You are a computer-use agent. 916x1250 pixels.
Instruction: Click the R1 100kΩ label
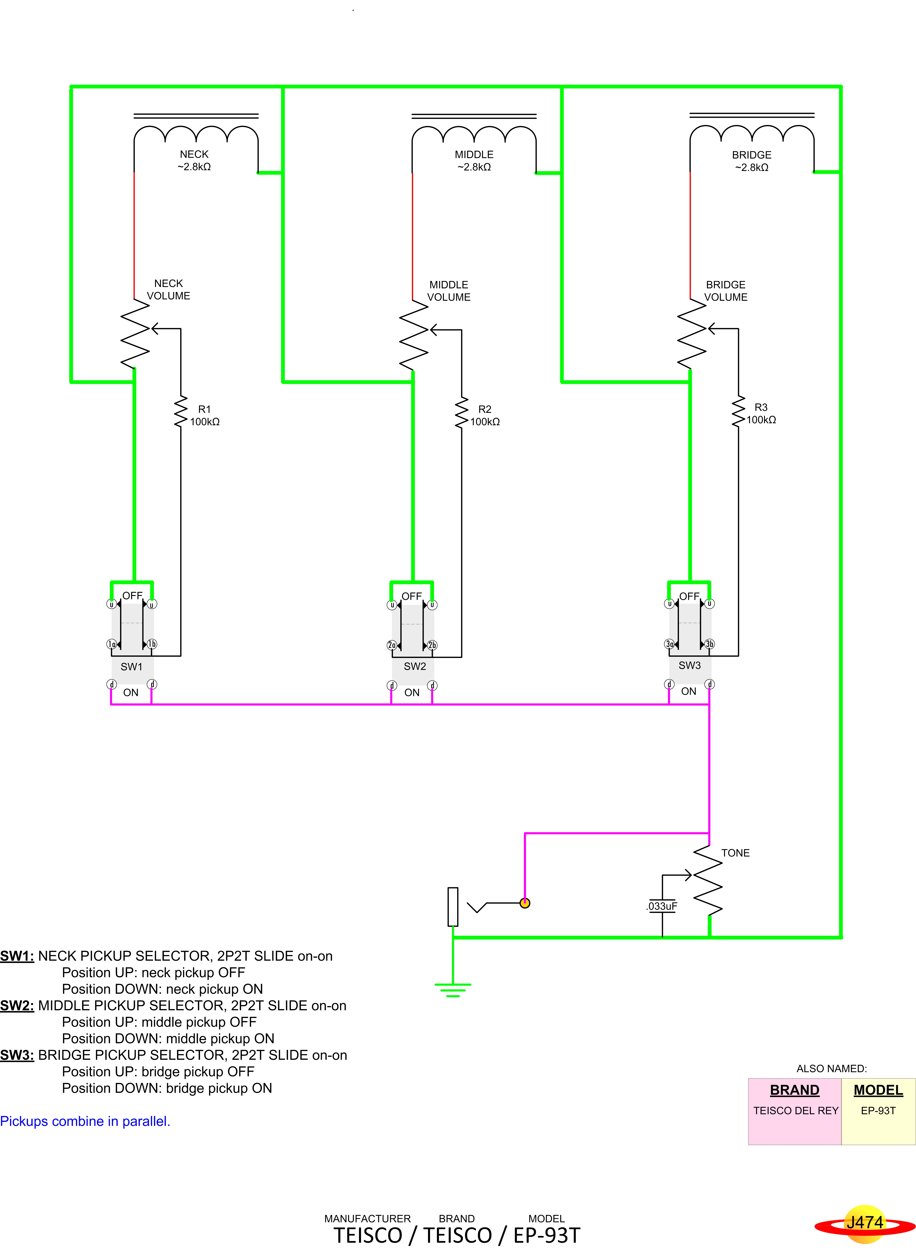205,416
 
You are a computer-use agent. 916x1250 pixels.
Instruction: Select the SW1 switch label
131,667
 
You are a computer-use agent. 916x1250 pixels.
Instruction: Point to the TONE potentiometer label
735,853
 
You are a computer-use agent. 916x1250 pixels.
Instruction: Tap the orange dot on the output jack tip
525,903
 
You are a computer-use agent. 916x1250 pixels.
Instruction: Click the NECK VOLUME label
169,289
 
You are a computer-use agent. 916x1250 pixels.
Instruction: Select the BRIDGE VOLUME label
726,291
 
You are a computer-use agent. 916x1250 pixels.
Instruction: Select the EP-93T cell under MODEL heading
878,1110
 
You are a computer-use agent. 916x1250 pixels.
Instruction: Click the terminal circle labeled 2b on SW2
433,645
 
